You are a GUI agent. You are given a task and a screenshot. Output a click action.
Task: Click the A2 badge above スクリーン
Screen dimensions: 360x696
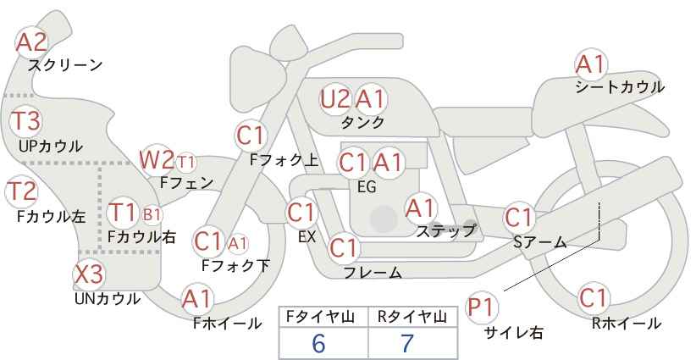pyautogui.click(x=33, y=42)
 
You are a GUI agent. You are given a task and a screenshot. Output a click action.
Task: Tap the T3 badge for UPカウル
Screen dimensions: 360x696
pyautogui.click(x=25, y=120)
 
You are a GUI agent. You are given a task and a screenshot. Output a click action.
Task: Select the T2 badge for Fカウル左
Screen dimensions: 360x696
pyautogui.click(x=22, y=191)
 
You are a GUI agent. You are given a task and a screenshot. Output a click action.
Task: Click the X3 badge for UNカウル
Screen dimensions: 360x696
pyautogui.click(x=89, y=274)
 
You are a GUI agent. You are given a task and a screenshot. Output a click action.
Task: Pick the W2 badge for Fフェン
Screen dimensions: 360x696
pyautogui.click(x=157, y=159)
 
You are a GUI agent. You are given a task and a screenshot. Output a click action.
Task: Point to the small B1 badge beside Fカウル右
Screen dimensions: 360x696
pyautogui.click(x=152, y=213)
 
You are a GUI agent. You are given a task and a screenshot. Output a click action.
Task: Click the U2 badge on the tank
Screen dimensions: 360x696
pyautogui.click(x=334, y=99)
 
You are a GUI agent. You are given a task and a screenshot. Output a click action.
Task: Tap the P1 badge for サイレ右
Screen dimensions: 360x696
pyautogui.click(x=483, y=307)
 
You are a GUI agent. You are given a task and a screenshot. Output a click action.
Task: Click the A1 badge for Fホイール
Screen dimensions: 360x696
pyautogui.click(x=197, y=299)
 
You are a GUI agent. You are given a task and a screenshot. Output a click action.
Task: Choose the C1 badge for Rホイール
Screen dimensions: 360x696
pyautogui.click(x=594, y=298)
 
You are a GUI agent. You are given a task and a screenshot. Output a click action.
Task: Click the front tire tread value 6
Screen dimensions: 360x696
pyautogui.click(x=318, y=344)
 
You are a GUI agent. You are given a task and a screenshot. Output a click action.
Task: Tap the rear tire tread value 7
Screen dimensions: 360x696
pyautogui.click(x=406, y=344)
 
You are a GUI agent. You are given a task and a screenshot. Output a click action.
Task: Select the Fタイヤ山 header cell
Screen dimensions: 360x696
pyautogui.click(x=318, y=317)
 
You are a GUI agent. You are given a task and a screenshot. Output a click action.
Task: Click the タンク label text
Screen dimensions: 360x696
pyautogui.click(x=362, y=122)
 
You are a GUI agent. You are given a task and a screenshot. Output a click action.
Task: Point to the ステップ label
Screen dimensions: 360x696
pyautogui.click(x=445, y=230)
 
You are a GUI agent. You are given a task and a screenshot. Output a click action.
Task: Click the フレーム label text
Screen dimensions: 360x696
pyautogui.click(x=373, y=272)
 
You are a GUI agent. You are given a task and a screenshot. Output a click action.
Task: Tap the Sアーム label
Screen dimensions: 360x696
pyautogui.click(x=539, y=242)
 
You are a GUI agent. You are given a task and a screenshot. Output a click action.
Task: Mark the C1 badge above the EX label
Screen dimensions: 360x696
pyautogui.click(x=301, y=213)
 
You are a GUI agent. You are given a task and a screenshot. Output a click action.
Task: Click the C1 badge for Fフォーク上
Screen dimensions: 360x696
pyautogui.click(x=251, y=135)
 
